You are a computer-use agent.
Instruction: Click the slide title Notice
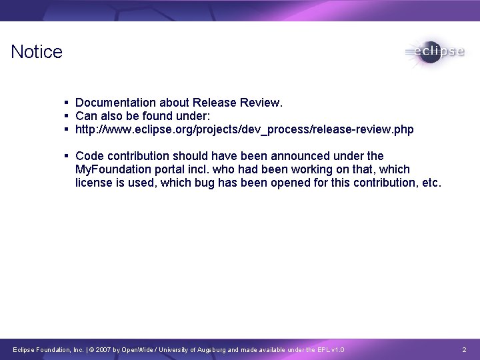(x=37, y=52)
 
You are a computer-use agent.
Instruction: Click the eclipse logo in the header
(x=434, y=52)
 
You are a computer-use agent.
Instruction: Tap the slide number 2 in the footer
(x=464, y=350)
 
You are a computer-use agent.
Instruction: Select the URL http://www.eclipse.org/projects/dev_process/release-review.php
(x=244, y=129)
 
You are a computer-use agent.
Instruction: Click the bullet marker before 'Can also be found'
(x=67, y=116)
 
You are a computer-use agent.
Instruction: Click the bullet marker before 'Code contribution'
(x=67, y=156)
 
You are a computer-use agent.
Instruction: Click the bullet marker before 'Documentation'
(x=67, y=103)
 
